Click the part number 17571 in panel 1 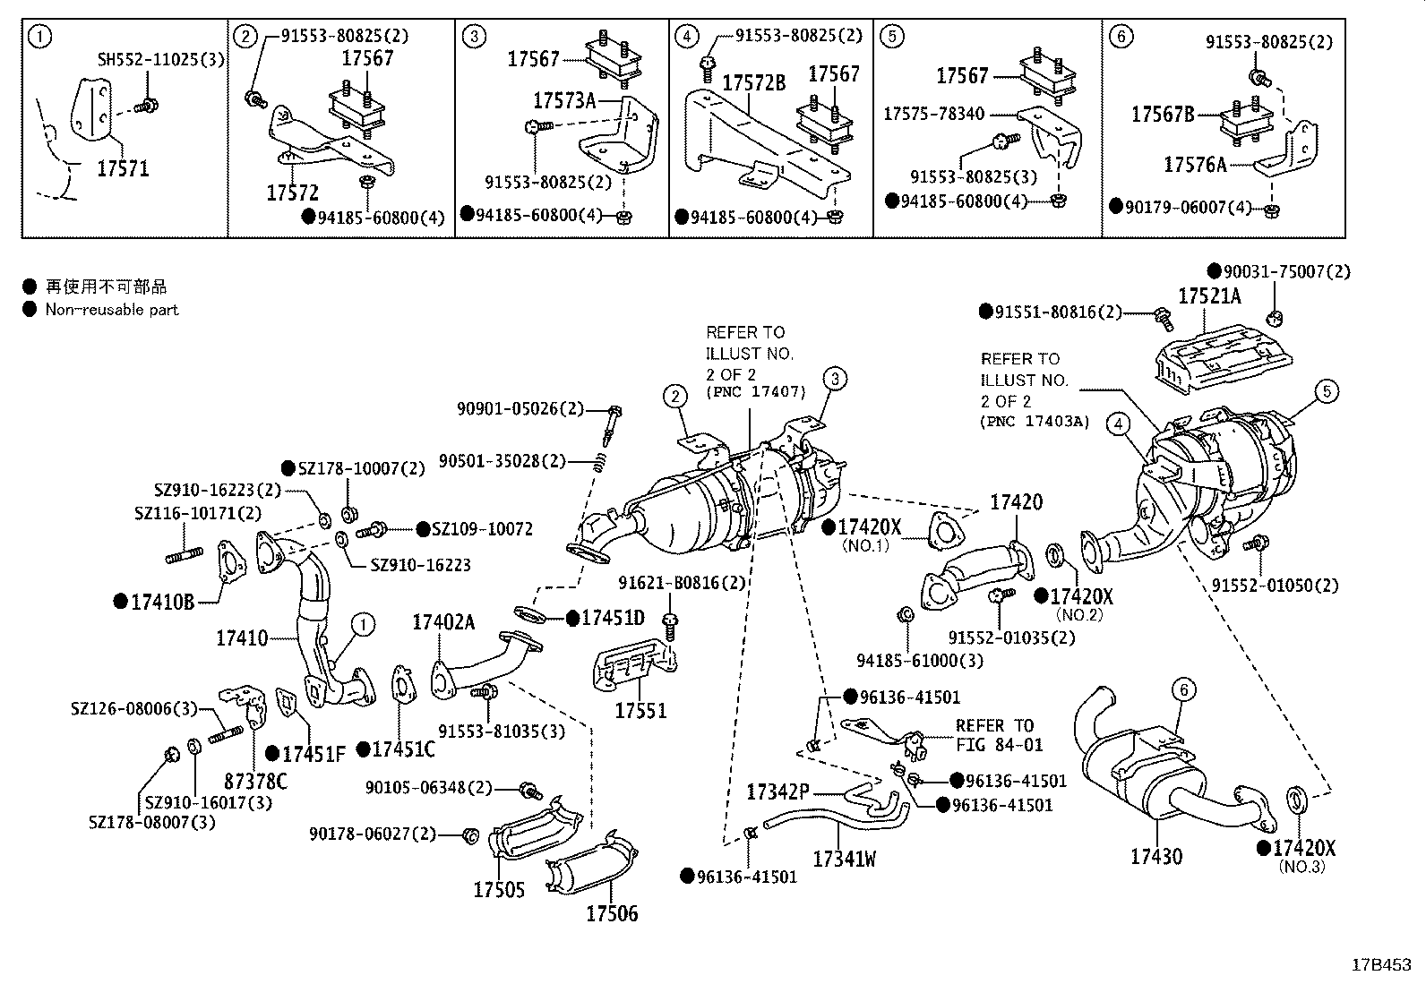coord(123,168)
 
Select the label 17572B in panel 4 coord(753,83)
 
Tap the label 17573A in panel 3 coord(563,100)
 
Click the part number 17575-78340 coord(933,114)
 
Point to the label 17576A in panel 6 coord(1194,164)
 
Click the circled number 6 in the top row coord(1121,37)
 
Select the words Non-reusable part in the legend coord(112,310)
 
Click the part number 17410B coord(162,602)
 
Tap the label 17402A coord(443,622)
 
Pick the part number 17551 coord(640,711)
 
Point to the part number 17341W coord(844,860)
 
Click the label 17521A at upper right coord(1209,296)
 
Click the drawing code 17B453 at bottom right coord(1380,965)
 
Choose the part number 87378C coord(255,782)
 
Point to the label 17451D coord(613,618)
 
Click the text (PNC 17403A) coord(1035,422)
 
